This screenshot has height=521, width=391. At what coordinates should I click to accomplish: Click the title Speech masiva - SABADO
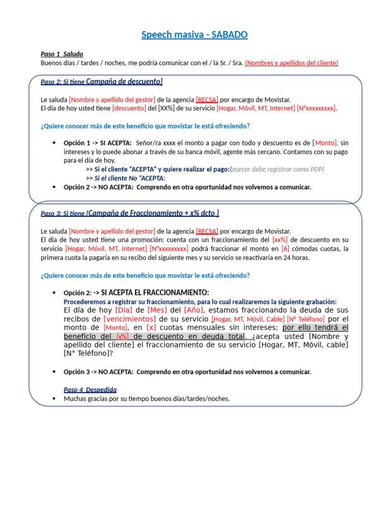click(x=195, y=35)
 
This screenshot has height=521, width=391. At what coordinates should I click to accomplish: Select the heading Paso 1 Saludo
click(x=62, y=54)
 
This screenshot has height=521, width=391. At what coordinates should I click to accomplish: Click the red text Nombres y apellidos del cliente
click(x=292, y=63)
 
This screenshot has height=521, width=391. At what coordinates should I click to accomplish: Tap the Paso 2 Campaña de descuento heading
click(x=101, y=82)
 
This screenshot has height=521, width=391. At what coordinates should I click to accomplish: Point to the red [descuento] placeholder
click(x=129, y=108)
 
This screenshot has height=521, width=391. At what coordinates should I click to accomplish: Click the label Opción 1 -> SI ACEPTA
click(x=97, y=143)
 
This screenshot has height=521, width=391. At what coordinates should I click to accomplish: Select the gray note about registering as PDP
click(x=277, y=169)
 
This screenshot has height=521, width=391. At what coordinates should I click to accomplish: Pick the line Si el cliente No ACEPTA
click(x=125, y=178)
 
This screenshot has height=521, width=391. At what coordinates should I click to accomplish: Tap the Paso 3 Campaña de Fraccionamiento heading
click(x=130, y=213)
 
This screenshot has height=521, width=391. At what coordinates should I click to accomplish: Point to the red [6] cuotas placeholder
click(x=285, y=249)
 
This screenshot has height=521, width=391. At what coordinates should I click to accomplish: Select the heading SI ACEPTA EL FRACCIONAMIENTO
click(x=155, y=293)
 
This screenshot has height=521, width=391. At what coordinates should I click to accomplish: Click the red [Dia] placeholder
click(x=124, y=310)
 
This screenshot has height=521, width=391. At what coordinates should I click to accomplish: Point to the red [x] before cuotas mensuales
click(x=151, y=328)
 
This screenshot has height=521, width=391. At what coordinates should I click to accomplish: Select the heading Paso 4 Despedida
click(x=90, y=390)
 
